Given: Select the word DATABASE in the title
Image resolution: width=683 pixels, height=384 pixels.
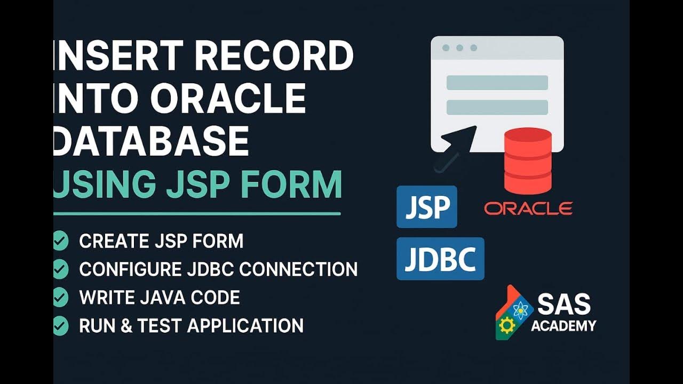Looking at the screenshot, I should tap(152, 141).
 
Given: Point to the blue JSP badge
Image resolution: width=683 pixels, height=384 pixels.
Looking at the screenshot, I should tap(427, 207).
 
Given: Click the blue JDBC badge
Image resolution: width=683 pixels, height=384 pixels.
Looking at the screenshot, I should tap(440, 259).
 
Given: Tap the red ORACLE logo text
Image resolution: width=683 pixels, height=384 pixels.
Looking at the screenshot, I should tap(528, 208).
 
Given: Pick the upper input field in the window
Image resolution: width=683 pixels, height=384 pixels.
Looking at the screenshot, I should tap(497, 83).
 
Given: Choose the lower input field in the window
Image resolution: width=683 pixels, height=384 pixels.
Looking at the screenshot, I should tap(497, 107).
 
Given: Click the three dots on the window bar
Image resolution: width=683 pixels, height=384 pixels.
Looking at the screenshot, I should tap(459, 48).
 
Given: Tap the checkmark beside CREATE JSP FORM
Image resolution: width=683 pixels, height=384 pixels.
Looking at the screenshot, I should tap(60, 241).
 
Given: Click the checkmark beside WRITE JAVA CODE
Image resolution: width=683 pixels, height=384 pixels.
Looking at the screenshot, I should tap(60, 297).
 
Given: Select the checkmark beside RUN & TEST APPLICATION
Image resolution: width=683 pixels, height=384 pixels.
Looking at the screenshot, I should tap(60, 325).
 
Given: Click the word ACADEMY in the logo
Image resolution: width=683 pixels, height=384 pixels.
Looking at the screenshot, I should tap(563, 326).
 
